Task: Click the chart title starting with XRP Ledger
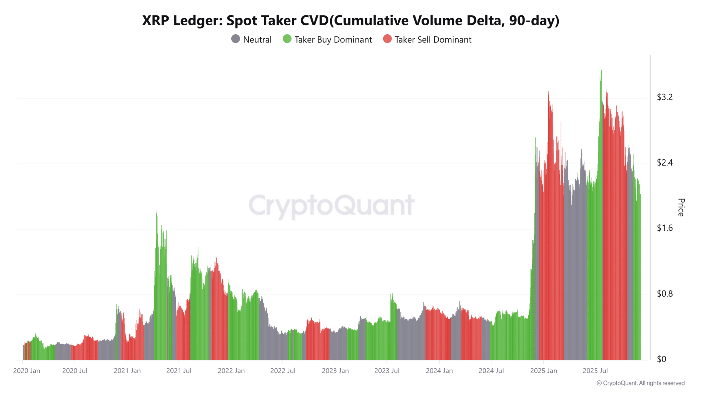click(351, 21)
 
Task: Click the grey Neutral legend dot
click(235, 39)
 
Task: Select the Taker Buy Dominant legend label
click(333, 40)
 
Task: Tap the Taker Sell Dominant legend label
click(433, 40)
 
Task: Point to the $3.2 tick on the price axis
click(665, 97)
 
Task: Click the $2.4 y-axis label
click(665, 163)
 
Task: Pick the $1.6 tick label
click(665, 228)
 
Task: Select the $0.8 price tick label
click(665, 294)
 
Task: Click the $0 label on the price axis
click(661, 359)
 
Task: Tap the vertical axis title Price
click(681, 207)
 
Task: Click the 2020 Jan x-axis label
click(27, 371)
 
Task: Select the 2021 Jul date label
click(179, 371)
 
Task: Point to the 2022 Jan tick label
click(231, 371)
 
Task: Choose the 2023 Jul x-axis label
click(387, 371)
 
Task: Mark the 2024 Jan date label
click(439, 371)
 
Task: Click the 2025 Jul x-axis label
click(595, 371)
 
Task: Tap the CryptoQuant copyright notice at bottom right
click(640, 383)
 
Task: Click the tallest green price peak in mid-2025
click(601, 71)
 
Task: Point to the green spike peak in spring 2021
click(157, 212)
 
